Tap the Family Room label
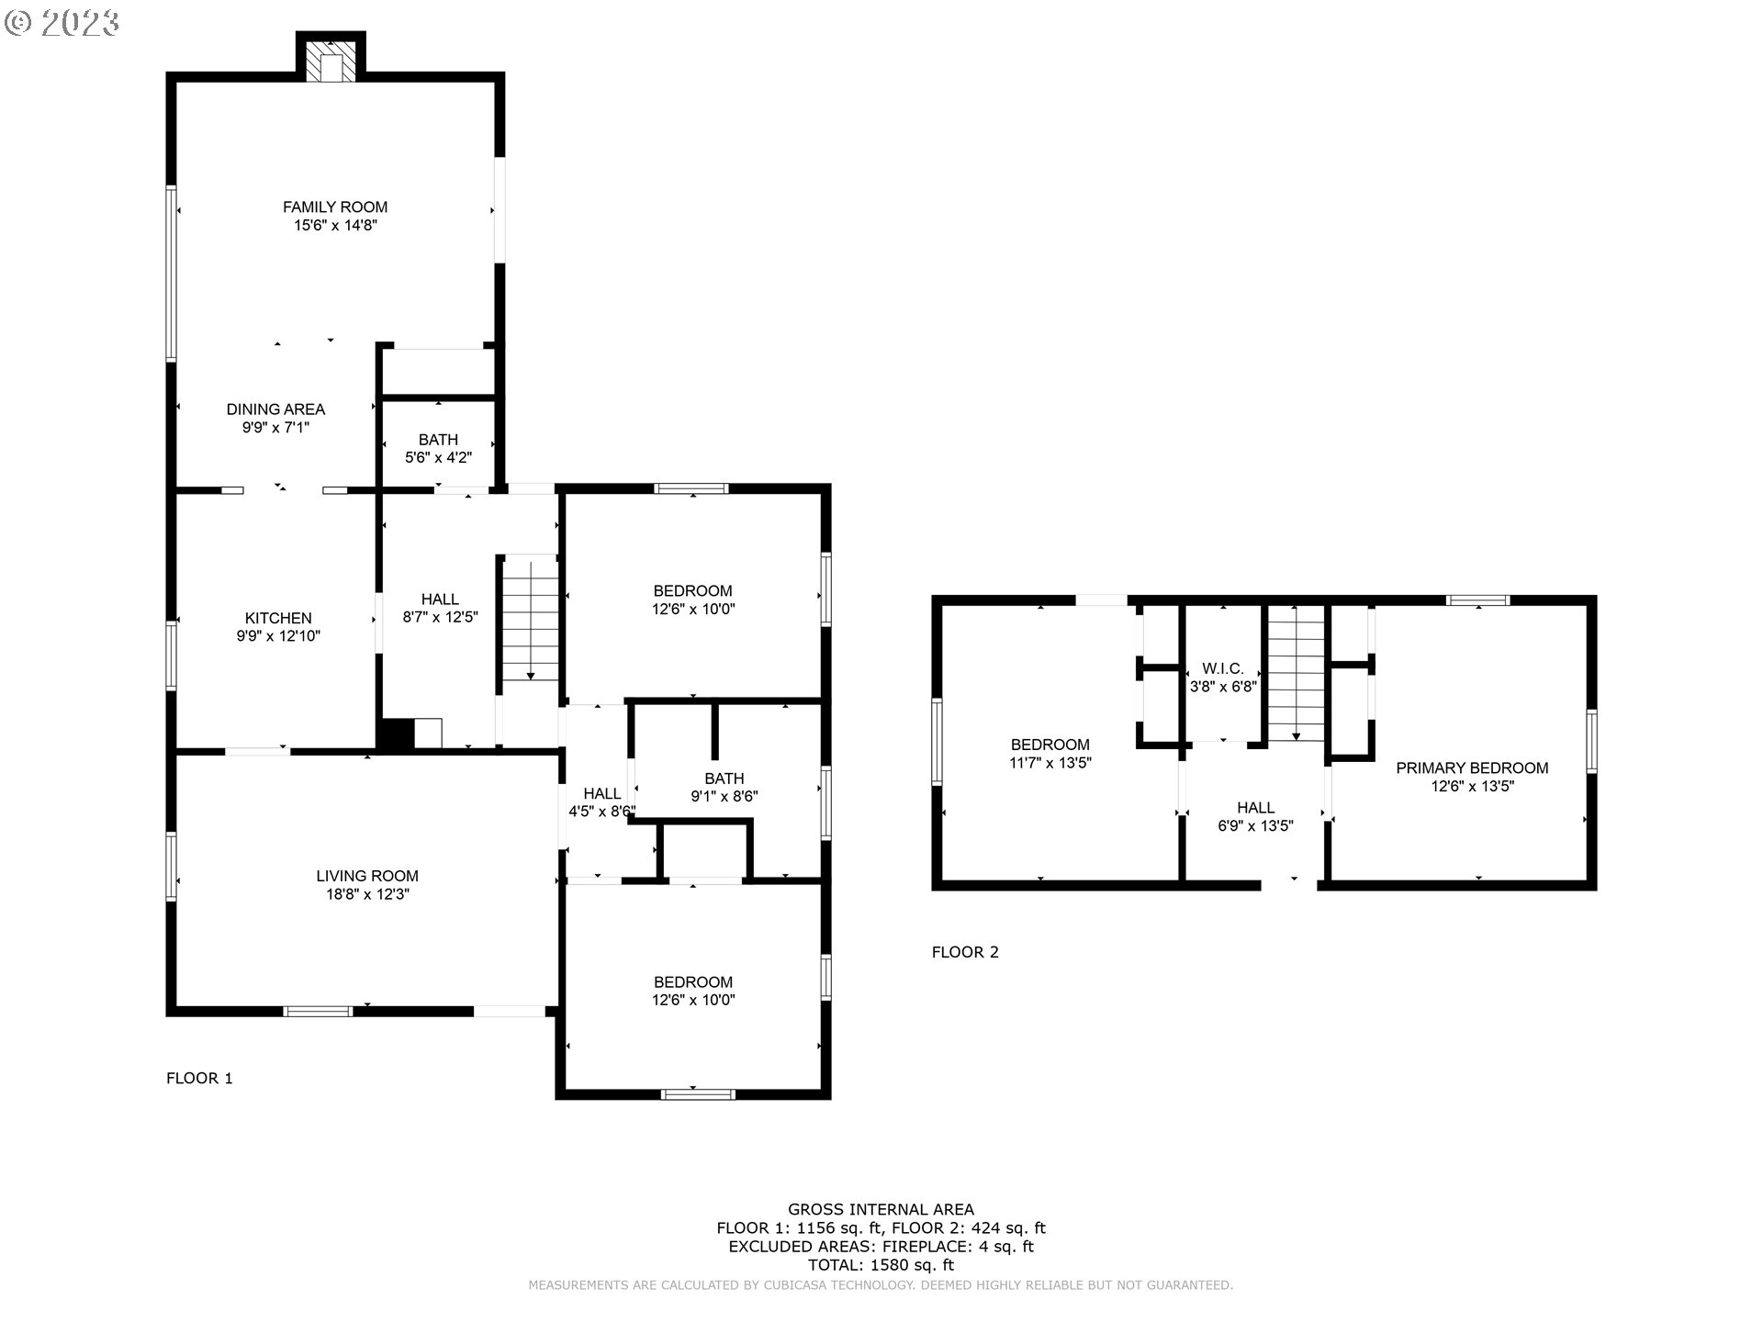coord(335,207)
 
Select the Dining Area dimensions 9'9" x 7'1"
coord(275,427)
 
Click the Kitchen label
coord(278,618)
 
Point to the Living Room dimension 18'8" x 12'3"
coord(367,894)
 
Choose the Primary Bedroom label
coord(1472,767)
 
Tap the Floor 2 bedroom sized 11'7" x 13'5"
coord(1050,753)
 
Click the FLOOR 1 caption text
coord(199,1078)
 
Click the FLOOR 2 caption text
coord(965,952)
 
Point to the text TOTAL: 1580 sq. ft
coord(881,1265)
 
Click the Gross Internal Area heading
coord(881,1209)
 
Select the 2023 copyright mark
coord(62,22)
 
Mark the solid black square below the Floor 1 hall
coord(396,734)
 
